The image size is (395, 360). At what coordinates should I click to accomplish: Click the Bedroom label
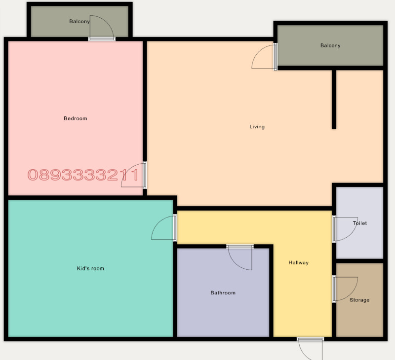[x=75, y=118]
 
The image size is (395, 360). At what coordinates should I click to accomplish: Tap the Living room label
[x=257, y=127]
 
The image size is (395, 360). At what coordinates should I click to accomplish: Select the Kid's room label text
[x=90, y=268]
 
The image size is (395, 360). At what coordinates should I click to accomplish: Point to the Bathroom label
[x=223, y=293]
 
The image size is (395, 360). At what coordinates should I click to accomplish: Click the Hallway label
[x=298, y=263]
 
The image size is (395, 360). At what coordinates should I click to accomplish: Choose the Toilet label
[x=360, y=223]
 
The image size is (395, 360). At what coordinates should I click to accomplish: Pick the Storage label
[x=359, y=300]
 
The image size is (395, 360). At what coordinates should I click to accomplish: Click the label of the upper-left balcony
[x=79, y=22]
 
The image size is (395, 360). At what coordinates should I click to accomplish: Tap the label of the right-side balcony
[x=330, y=46]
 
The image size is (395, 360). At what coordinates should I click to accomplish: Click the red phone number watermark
[x=83, y=175]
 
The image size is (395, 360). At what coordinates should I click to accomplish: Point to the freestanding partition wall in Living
[x=334, y=99]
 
